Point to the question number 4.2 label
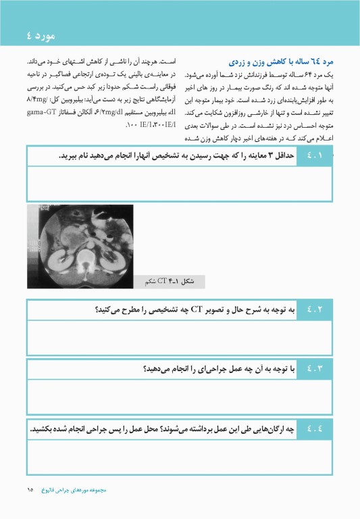(314, 310)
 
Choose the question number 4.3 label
(314, 368)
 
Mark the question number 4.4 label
(314, 428)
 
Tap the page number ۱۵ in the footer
(30, 489)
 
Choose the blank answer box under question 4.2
(180, 337)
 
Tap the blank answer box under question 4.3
(180, 397)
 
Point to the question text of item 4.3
(219, 368)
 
